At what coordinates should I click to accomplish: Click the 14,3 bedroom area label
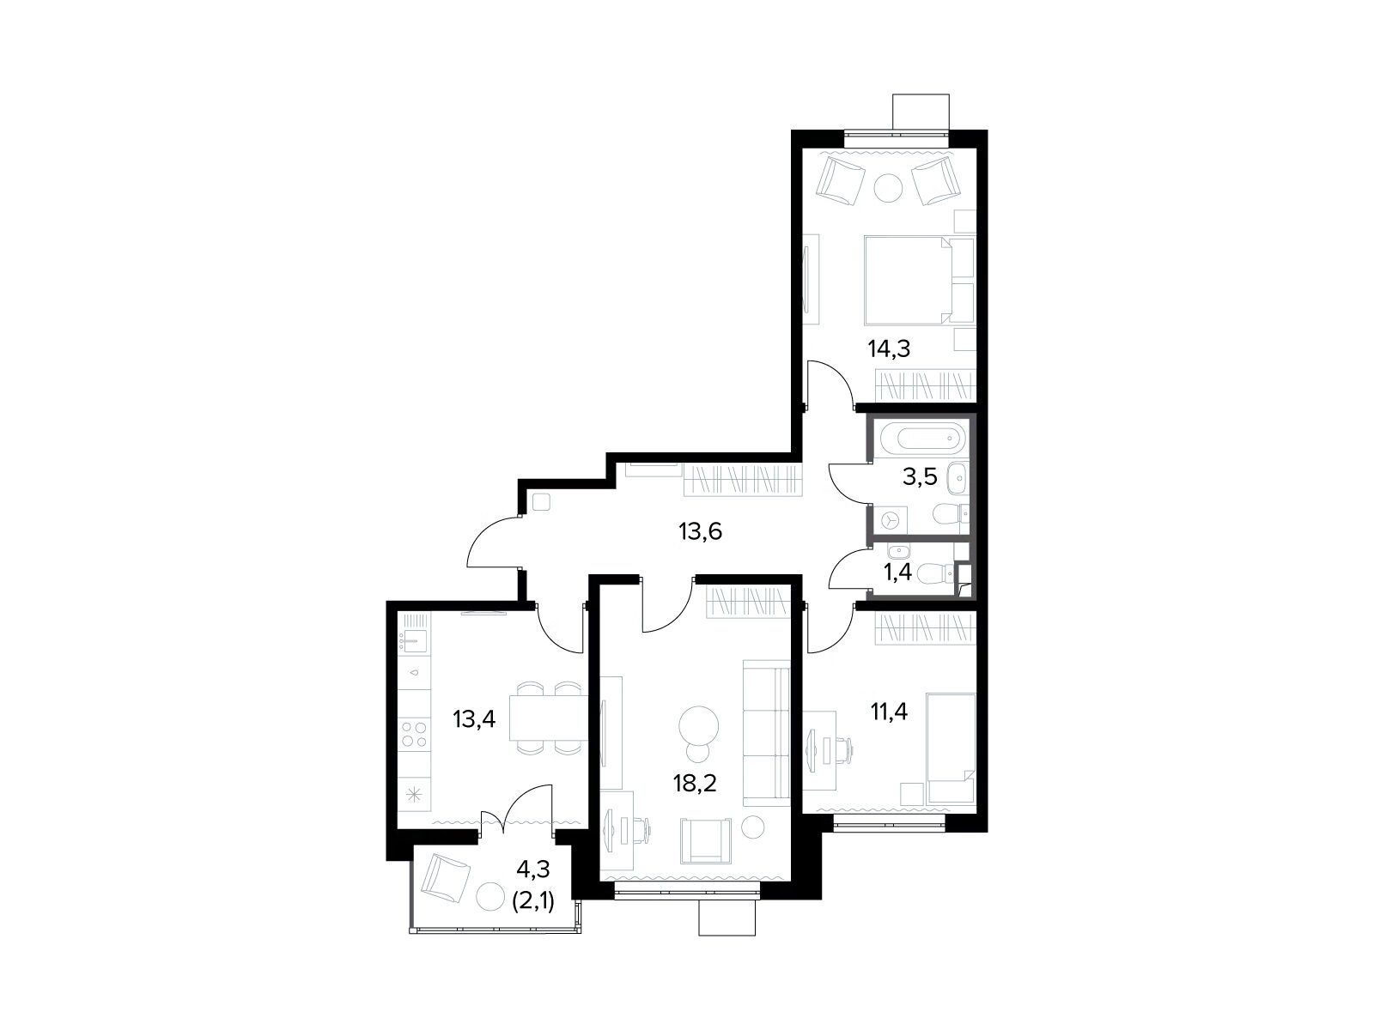coord(888,349)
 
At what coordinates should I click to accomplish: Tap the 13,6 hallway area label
coord(701,531)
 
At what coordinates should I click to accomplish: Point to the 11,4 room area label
coord(889,711)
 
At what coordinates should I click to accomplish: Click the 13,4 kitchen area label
coord(475,719)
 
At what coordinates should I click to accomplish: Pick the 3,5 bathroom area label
coord(920,477)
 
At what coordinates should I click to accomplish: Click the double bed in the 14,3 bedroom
coord(919,280)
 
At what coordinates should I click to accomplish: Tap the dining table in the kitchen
coord(549,718)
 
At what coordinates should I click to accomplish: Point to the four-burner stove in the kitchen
coord(415,734)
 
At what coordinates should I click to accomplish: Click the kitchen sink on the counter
coord(415,640)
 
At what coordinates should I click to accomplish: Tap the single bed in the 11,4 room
coord(951,748)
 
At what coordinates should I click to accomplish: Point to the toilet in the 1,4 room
coord(939,572)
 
